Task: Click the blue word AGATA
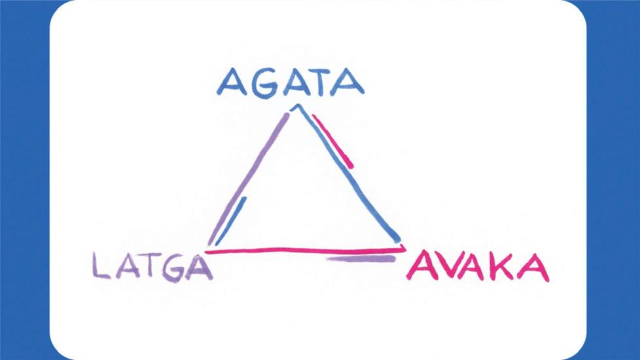(x=291, y=83)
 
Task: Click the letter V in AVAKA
(x=450, y=268)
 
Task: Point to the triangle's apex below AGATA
(x=296, y=107)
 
